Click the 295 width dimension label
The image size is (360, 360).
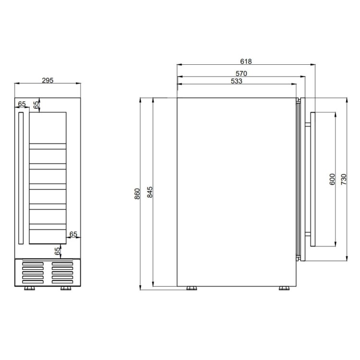[47, 80]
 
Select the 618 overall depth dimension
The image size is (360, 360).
[246, 61]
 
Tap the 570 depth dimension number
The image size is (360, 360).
[241, 73]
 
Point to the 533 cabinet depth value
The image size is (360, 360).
[236, 82]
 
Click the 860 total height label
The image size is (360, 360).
[137, 194]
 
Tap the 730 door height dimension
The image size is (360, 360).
[344, 180]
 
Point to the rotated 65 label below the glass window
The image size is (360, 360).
[58, 251]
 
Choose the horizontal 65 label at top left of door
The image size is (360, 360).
[22, 104]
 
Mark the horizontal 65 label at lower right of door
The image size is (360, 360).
[73, 234]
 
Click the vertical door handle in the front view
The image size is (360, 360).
[21, 178]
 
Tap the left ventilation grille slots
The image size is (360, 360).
[34, 273]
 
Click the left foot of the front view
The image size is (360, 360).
[30, 288]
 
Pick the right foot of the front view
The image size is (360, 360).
[64, 288]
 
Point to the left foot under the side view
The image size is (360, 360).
[192, 288]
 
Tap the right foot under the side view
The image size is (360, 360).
[283, 288]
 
